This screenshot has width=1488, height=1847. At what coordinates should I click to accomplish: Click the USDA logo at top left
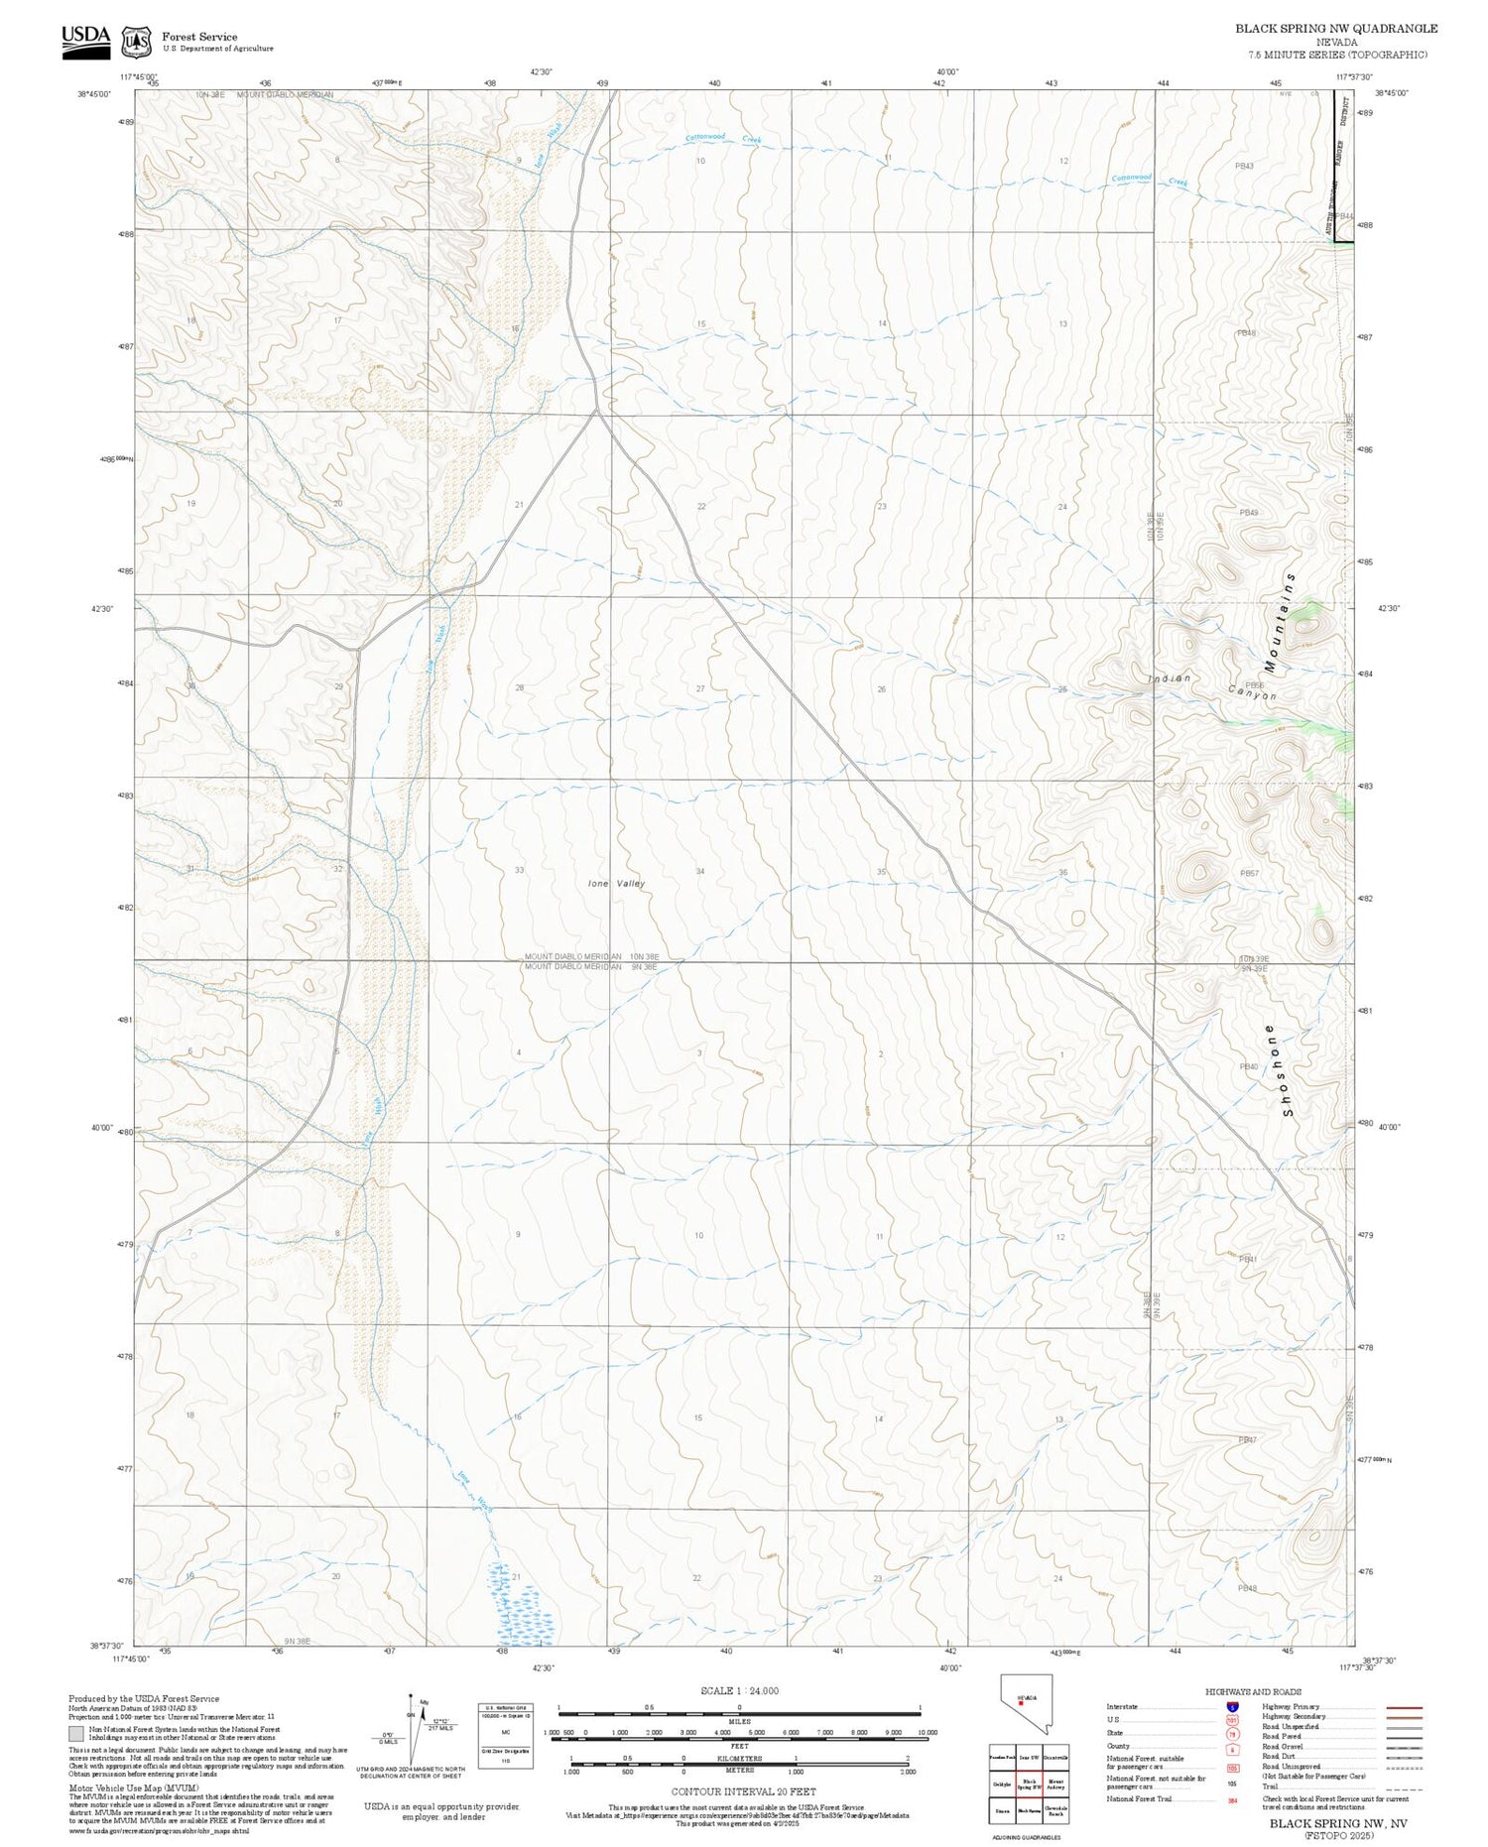tap(85, 41)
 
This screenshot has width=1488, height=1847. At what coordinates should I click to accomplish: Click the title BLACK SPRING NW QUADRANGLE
tap(1335, 29)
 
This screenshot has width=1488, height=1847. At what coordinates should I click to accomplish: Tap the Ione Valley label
tap(616, 883)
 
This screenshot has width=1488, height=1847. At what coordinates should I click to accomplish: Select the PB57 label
tap(1249, 873)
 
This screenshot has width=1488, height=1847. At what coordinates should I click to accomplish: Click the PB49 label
tap(1249, 512)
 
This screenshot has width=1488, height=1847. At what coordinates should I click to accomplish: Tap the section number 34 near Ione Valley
tap(700, 871)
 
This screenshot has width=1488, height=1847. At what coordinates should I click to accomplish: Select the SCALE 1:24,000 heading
tap(739, 1690)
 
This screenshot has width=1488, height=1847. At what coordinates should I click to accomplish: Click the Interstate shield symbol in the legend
tap(1232, 1707)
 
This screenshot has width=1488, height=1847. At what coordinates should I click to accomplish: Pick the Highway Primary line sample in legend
tap(1400, 1708)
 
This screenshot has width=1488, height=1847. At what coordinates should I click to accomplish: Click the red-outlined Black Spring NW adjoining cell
tap(1029, 1784)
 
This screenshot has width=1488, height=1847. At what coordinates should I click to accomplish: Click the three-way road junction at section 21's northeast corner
tap(596, 410)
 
